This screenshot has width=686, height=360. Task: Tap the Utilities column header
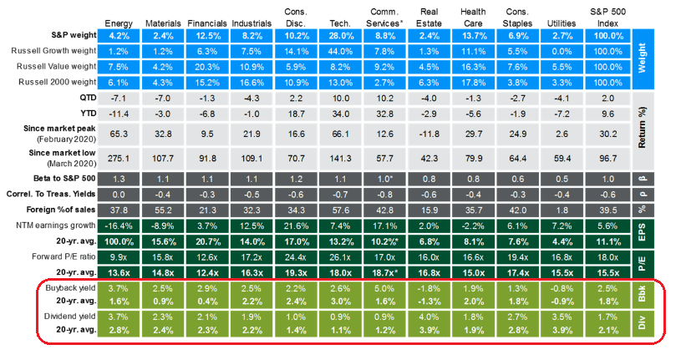point(562,22)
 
